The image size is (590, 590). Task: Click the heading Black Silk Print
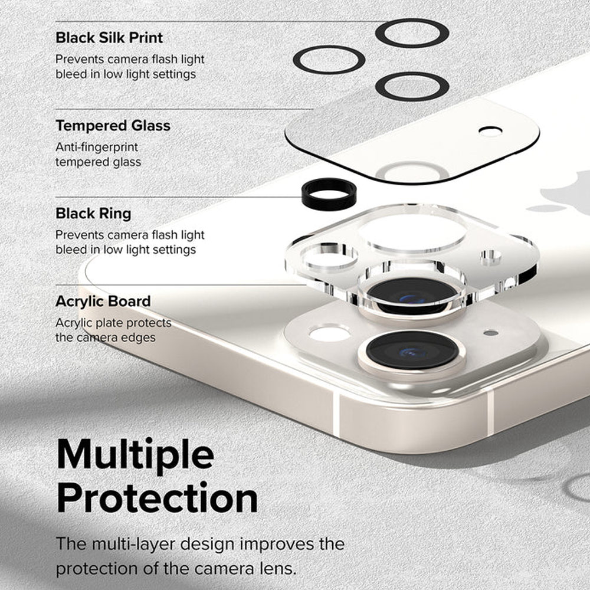[x=109, y=38]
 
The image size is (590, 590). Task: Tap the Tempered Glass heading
[x=113, y=126]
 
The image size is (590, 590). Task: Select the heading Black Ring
[x=93, y=213]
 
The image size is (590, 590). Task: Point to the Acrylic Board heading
[x=103, y=301]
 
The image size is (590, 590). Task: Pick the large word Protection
[x=157, y=499]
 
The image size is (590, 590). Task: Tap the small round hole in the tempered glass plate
[x=490, y=131]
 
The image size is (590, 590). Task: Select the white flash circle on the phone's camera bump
[x=329, y=334]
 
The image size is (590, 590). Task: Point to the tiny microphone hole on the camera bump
[x=490, y=333]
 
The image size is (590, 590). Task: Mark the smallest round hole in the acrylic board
[x=490, y=257]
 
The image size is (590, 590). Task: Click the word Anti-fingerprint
[x=96, y=147]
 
